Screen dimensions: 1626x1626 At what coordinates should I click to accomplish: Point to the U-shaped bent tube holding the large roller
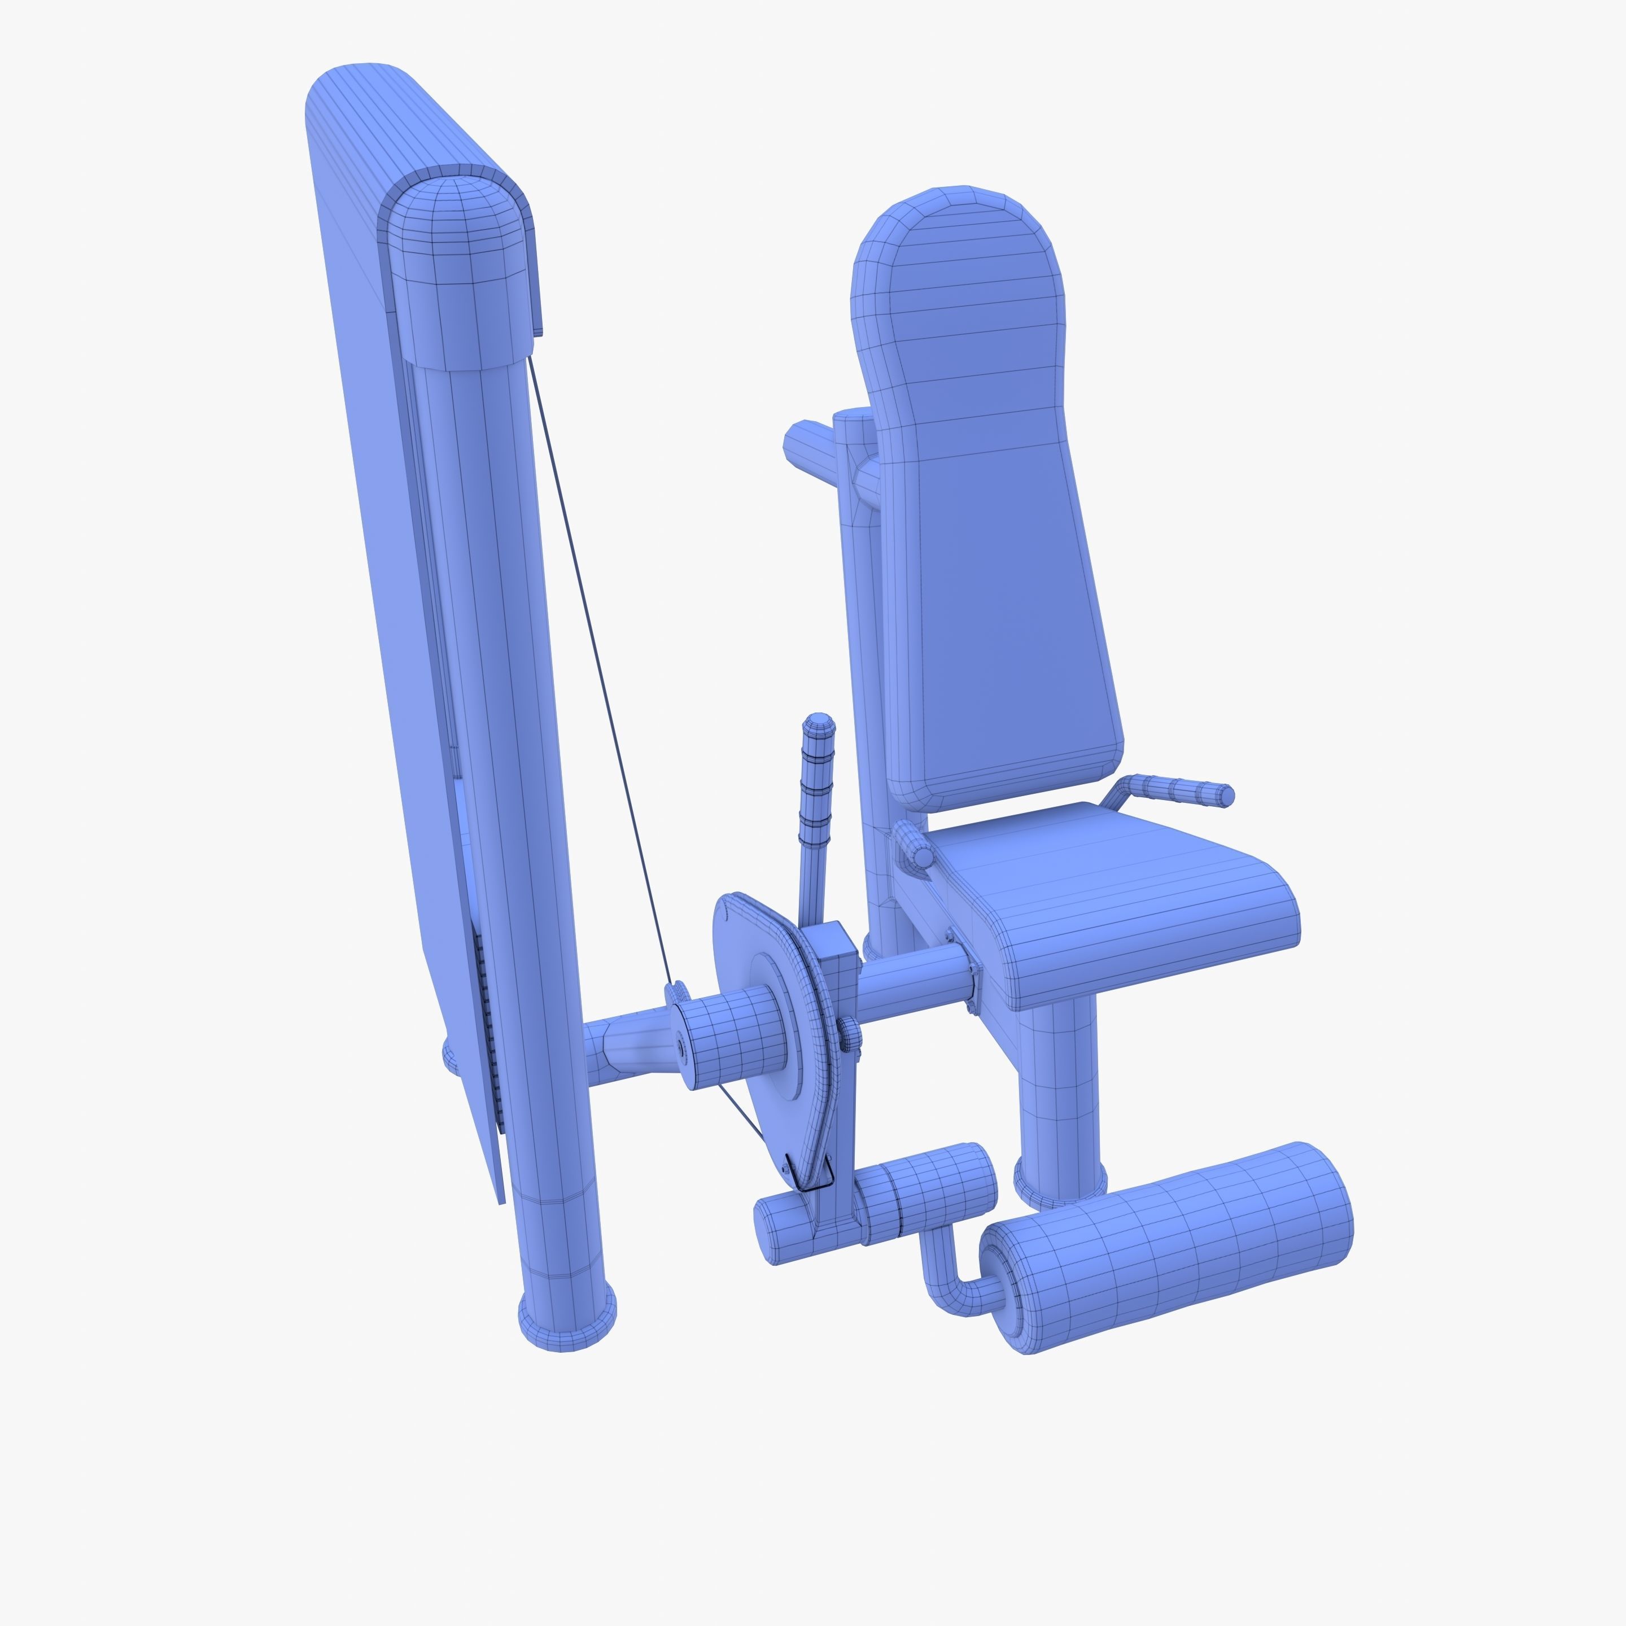[x=943, y=1275]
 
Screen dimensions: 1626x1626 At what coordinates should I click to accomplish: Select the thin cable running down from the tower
[x=597, y=674]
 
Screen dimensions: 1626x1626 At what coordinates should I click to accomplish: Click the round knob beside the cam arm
[x=850, y=1034]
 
